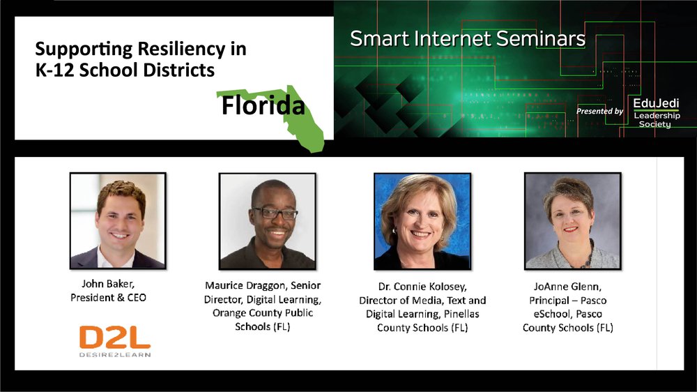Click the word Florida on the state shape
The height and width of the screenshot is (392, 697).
pos(263,105)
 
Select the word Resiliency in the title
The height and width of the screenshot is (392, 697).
pos(181,50)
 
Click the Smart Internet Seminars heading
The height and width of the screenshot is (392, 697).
pos(468,38)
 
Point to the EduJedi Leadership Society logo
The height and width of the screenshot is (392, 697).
pos(657,113)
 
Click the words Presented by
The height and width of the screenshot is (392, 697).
pos(599,111)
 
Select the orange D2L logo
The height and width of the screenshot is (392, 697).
pos(115,338)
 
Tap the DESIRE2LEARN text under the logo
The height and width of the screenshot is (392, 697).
pos(115,354)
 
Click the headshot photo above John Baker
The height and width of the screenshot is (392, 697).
pos(118,220)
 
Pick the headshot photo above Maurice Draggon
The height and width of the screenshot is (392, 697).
pos(268,221)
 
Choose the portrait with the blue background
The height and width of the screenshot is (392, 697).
pos(422,221)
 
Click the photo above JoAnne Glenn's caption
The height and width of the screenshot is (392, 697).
pos(572,220)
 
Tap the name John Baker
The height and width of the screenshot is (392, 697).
pos(108,284)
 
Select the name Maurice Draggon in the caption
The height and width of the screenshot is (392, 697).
pos(246,286)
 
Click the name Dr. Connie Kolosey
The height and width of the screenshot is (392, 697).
pos(422,287)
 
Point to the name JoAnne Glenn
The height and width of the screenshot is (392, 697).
pos(567,287)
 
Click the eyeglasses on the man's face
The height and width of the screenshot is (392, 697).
pos(274,213)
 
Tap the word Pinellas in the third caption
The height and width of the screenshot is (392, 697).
pos(461,314)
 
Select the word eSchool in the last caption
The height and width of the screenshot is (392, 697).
pos(552,314)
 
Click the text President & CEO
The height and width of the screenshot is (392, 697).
pos(108,298)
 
